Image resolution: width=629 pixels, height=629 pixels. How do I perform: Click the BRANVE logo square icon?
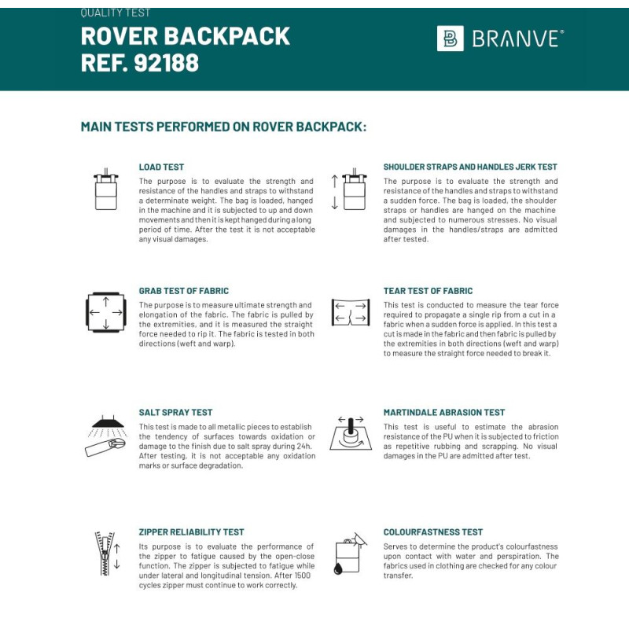tap(450, 39)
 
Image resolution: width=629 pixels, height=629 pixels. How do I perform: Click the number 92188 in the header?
tap(166, 62)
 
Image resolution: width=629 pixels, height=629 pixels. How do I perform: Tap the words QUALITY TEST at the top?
tap(116, 13)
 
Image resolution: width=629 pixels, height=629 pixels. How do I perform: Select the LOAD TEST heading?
tap(161, 167)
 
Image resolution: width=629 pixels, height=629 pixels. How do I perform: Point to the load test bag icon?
tap(105, 189)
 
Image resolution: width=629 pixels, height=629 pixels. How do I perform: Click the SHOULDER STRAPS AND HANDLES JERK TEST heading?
tap(470, 167)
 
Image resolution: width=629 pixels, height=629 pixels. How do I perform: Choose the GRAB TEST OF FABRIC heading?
tap(184, 291)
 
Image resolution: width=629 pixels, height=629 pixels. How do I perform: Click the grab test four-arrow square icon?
tap(105, 312)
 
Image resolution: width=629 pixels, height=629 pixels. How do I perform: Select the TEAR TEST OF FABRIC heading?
tap(429, 291)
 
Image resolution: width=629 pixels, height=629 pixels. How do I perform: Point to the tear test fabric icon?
tap(350, 312)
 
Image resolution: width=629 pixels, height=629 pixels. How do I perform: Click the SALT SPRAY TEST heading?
tap(175, 412)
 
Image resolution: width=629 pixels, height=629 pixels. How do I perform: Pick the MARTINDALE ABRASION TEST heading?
tap(444, 412)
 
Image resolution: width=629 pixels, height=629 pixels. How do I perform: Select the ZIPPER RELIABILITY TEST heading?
tap(192, 532)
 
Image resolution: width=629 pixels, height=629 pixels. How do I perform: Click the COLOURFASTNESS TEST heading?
tap(433, 532)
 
